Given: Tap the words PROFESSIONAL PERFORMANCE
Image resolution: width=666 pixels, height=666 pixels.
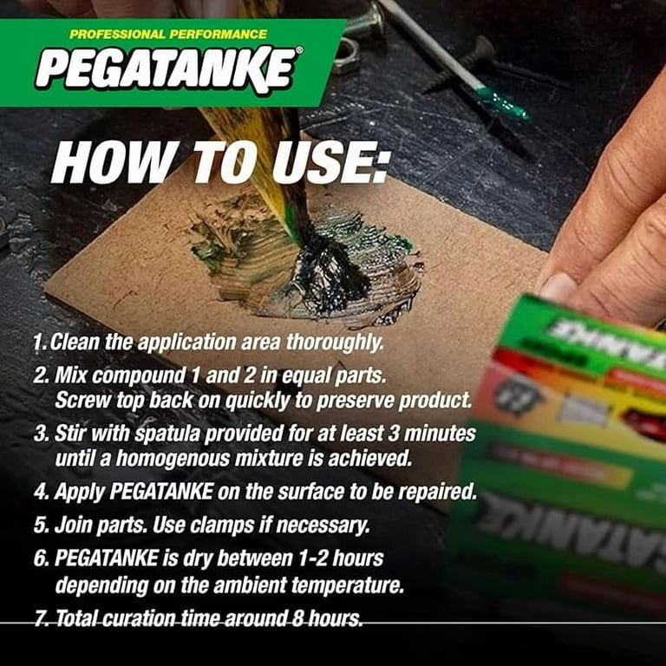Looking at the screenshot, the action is pyautogui.click(x=168, y=34).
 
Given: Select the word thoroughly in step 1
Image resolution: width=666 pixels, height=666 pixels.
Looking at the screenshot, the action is pyautogui.click(x=335, y=343).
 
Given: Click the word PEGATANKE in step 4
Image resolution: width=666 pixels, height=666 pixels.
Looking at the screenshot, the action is pyautogui.click(x=161, y=492).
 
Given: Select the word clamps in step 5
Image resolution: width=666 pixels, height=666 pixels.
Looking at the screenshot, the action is pyautogui.click(x=222, y=526).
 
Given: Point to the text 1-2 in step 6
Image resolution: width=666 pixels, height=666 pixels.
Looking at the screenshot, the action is pyautogui.click(x=312, y=558).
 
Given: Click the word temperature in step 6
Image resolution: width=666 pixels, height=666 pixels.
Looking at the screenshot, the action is pyautogui.click(x=347, y=585).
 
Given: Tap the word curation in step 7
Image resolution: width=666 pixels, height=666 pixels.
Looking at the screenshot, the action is pyautogui.click(x=139, y=618).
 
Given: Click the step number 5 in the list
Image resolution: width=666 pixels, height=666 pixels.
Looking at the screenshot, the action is pyautogui.click(x=41, y=526).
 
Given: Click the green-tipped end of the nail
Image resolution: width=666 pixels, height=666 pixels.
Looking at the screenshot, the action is pyautogui.click(x=503, y=103).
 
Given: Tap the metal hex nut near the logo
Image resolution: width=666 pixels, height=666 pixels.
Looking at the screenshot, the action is pyautogui.click(x=345, y=55).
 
